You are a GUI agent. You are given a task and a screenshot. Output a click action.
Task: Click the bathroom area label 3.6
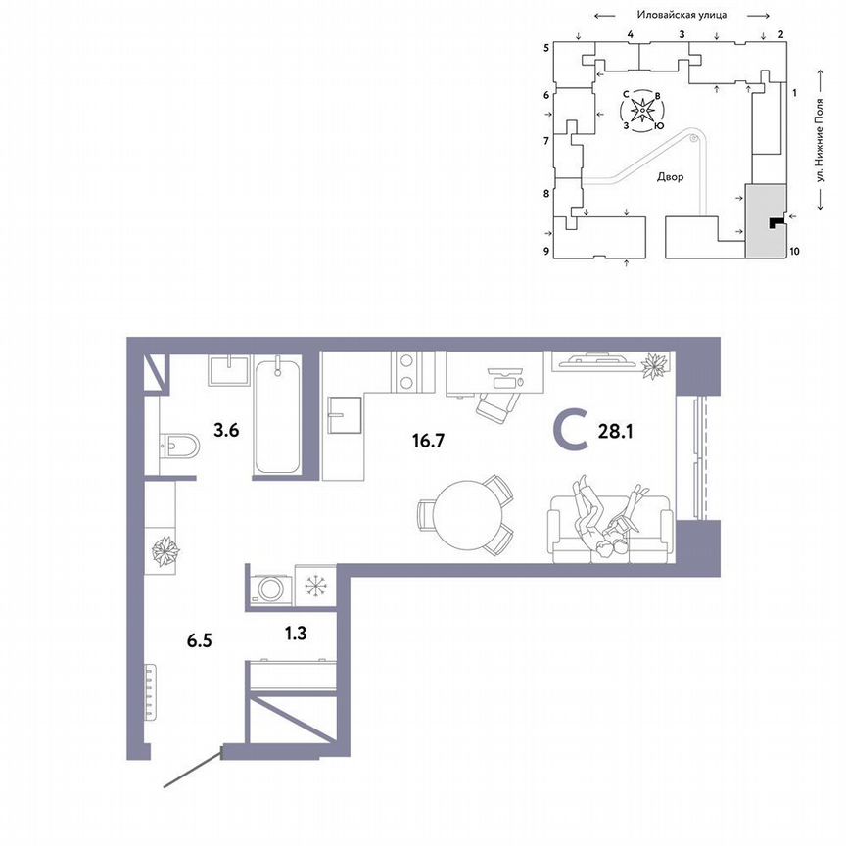pyautogui.click(x=227, y=428)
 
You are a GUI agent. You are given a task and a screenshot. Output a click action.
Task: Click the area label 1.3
pyautogui.click(x=294, y=634)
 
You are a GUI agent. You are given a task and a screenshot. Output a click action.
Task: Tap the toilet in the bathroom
pyautogui.click(x=178, y=447)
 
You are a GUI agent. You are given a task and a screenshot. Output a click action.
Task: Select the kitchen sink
pyautogui.click(x=345, y=414)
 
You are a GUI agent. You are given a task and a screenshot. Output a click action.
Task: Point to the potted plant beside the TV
pyautogui.click(x=653, y=365)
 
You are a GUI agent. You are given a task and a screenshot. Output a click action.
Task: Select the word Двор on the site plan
pyautogui.click(x=671, y=178)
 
